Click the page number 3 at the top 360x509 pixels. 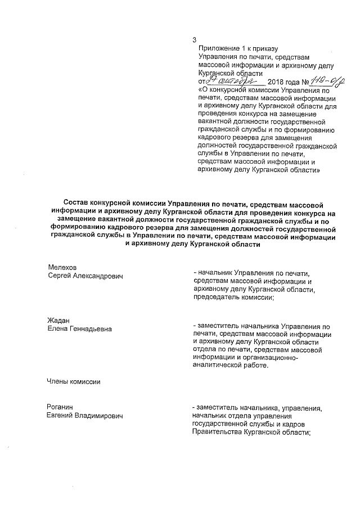click(x=194, y=40)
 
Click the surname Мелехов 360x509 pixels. click(x=62, y=267)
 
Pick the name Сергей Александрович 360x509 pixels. click(x=85, y=276)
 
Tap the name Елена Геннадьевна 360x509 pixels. click(x=79, y=329)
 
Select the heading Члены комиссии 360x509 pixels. click(x=74, y=382)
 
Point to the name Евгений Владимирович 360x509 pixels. click(x=85, y=416)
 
